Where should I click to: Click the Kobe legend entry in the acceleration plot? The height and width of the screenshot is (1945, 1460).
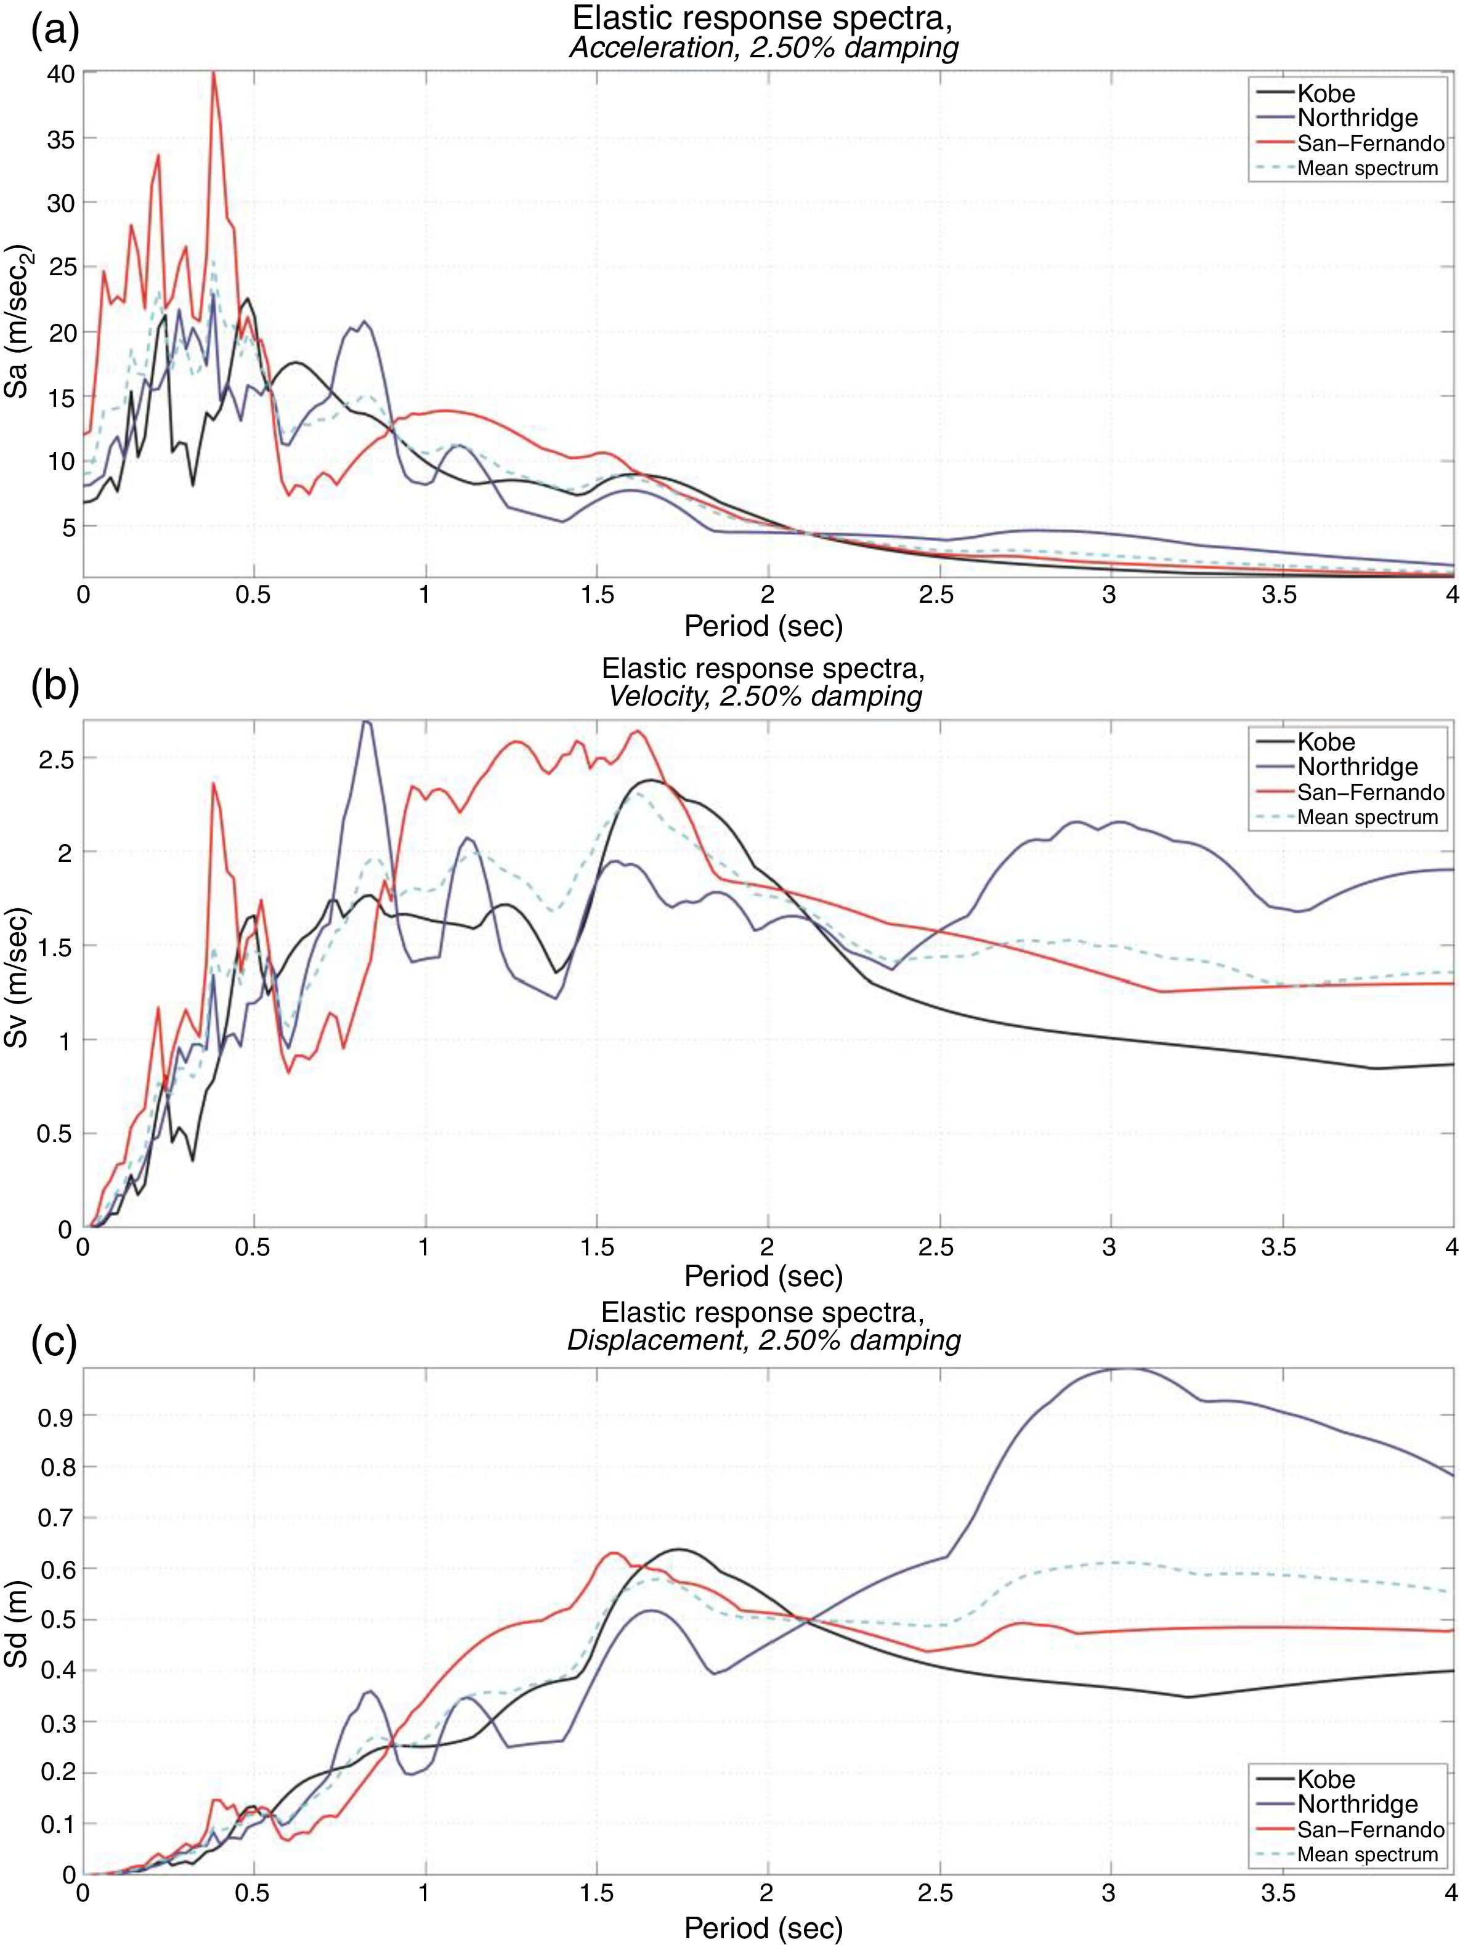coord(1326,94)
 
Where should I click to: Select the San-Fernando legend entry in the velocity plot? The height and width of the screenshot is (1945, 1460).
coord(1369,792)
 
